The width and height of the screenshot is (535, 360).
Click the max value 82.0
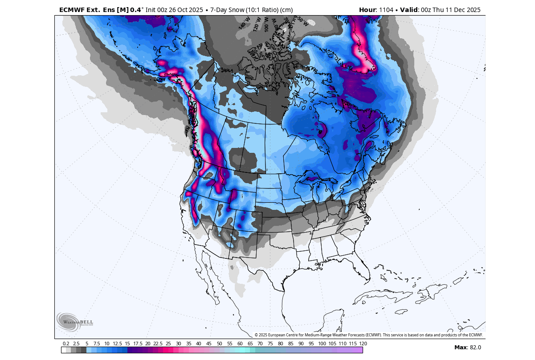click(474, 348)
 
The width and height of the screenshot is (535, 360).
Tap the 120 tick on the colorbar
click(363, 344)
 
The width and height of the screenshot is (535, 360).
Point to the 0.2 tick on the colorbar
click(66, 344)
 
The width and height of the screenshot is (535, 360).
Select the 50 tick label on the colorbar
click(220, 344)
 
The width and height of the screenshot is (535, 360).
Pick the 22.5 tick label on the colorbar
click(158, 344)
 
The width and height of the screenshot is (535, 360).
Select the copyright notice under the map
click(368, 335)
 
